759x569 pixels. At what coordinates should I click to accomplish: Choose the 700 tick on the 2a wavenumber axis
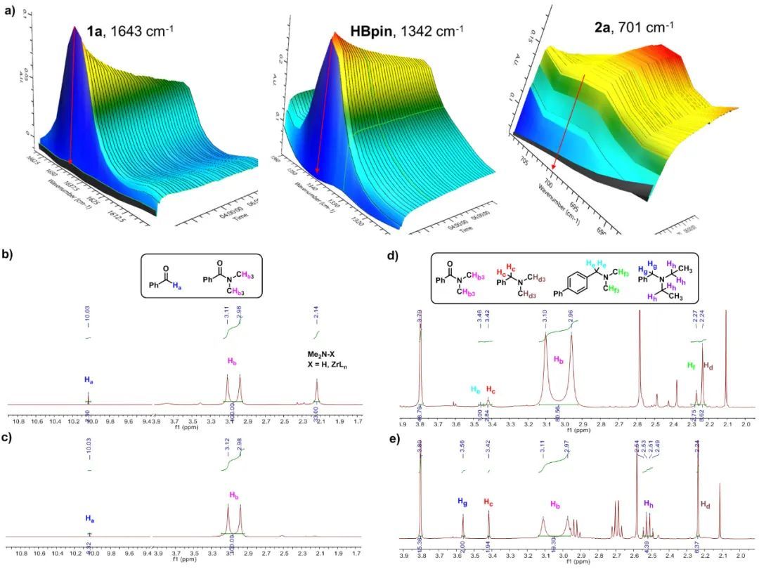pos(547,180)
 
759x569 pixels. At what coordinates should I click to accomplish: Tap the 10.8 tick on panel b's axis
pos(19,424)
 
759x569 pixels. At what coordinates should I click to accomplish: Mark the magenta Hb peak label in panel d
pos(559,360)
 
